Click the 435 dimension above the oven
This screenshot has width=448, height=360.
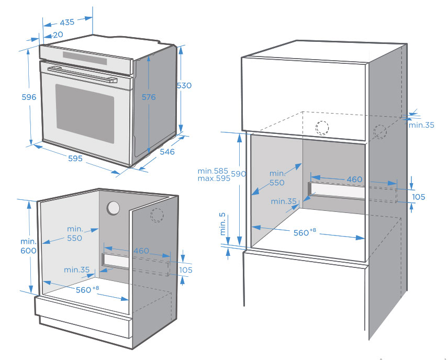pyautogui.click(x=67, y=22)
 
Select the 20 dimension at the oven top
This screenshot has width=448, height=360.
pyautogui.click(x=58, y=35)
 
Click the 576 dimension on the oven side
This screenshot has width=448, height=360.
pyautogui.click(x=149, y=97)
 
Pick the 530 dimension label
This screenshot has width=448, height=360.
pyautogui.click(x=184, y=86)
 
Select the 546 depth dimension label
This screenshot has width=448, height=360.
pyautogui.click(x=167, y=152)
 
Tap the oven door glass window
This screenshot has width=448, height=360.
pyautogui.click(x=85, y=113)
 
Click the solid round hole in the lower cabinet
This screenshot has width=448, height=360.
pyautogui.click(x=113, y=208)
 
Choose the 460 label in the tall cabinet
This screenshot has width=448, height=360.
pyautogui.click(x=354, y=179)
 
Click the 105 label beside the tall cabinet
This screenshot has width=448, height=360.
pyautogui.click(x=419, y=197)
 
